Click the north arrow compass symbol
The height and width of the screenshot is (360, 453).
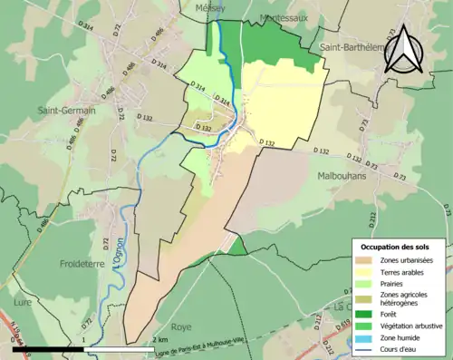click(x=407, y=46)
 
